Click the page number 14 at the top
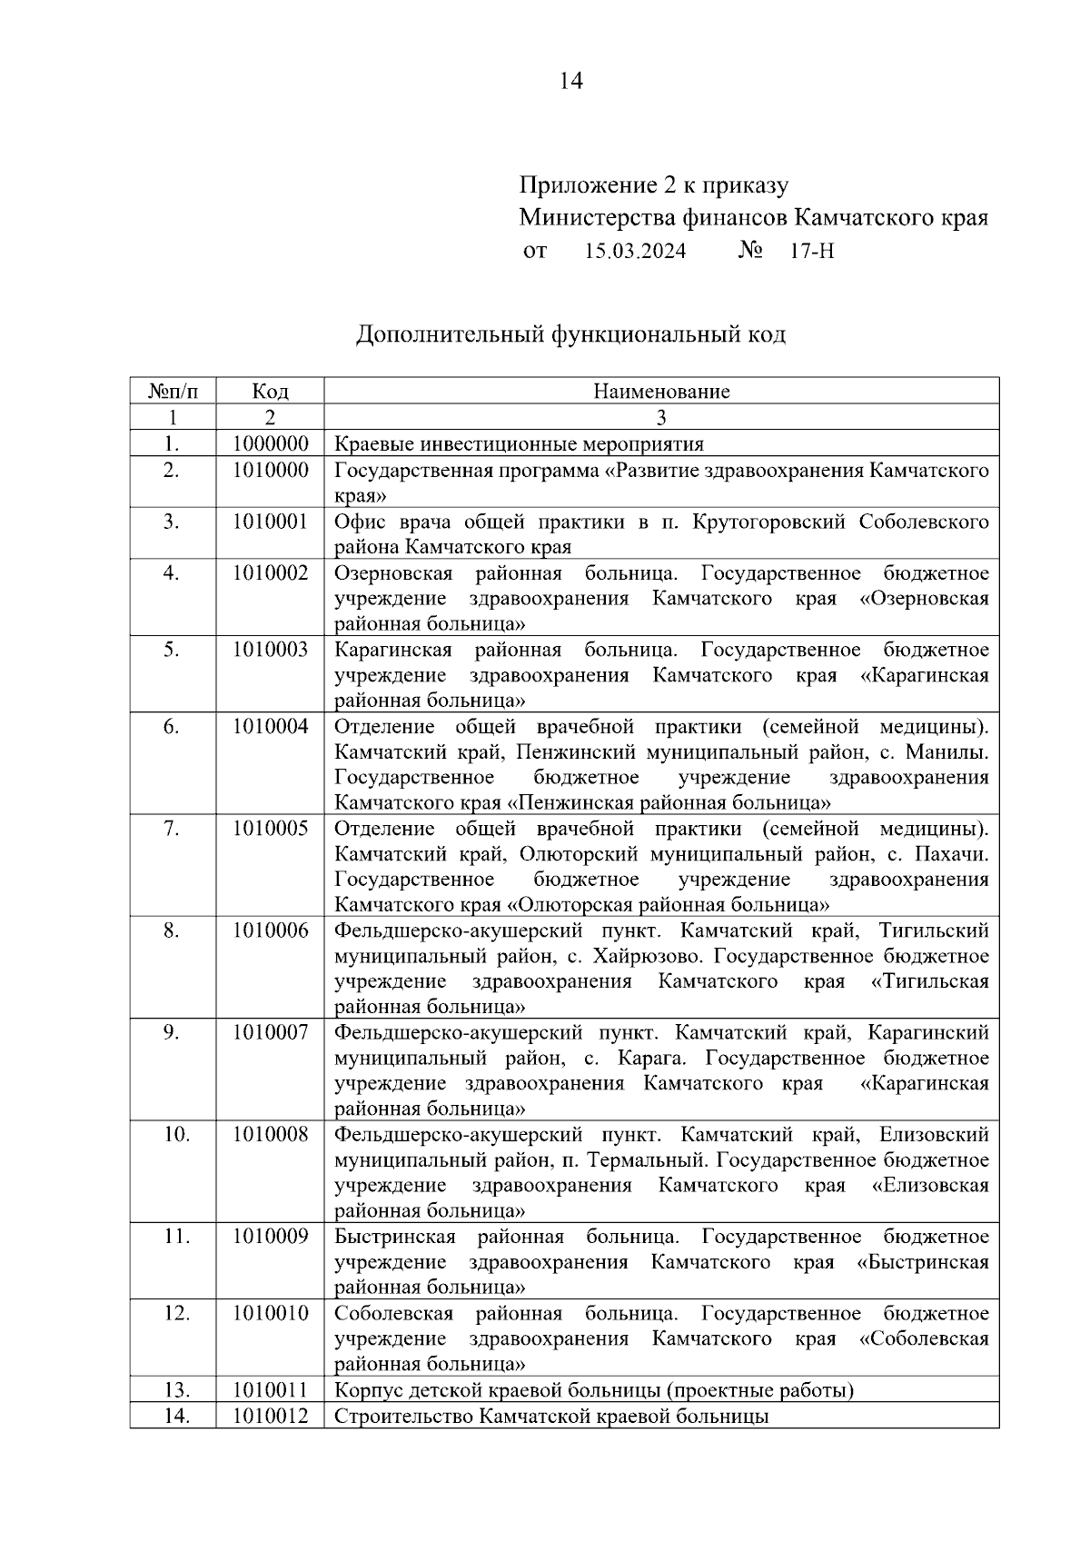coord(570,81)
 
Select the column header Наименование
coord(661,392)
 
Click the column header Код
coord(270,392)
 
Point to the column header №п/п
coord(172,392)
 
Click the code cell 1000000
coord(270,444)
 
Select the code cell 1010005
coord(270,829)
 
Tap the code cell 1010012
coord(270,1416)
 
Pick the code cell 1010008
coord(270,1135)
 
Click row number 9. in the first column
coord(172,1033)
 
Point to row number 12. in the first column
coord(172,1314)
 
